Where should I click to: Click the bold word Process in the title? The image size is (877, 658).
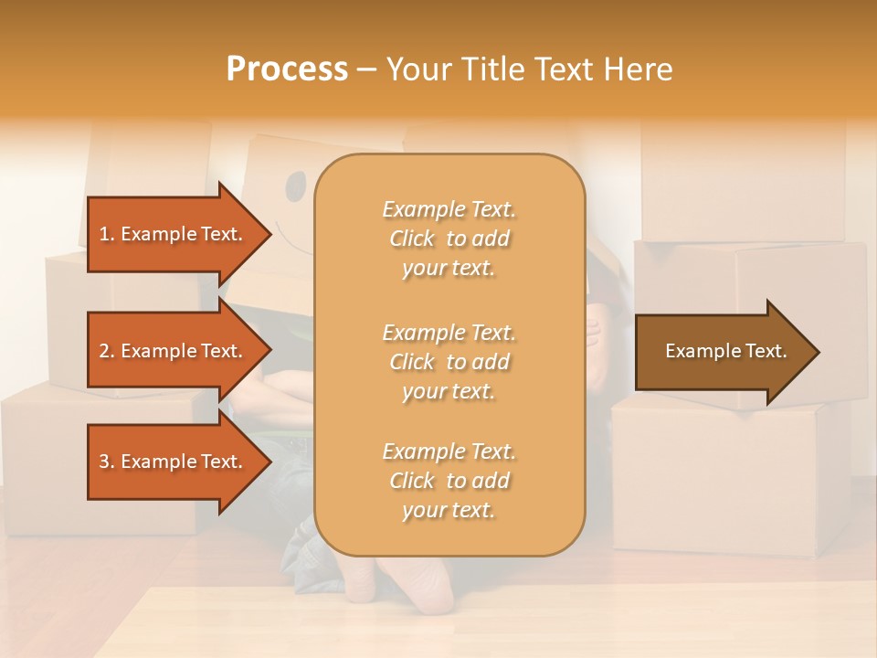click(x=287, y=69)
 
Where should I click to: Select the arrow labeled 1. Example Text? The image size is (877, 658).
click(x=174, y=234)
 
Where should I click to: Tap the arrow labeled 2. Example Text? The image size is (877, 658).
click(x=174, y=351)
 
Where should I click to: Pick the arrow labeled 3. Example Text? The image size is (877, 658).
click(x=174, y=462)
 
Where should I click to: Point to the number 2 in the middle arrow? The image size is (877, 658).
click(x=104, y=351)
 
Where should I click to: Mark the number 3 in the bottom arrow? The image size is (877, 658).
click(x=104, y=462)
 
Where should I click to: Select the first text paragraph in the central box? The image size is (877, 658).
click(x=449, y=239)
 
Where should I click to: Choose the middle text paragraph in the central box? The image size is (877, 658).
click(x=449, y=362)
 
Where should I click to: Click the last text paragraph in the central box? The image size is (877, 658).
click(x=449, y=481)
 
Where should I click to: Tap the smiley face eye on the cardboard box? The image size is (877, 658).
click(x=296, y=188)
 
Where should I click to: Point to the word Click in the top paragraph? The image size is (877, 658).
click(x=412, y=239)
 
